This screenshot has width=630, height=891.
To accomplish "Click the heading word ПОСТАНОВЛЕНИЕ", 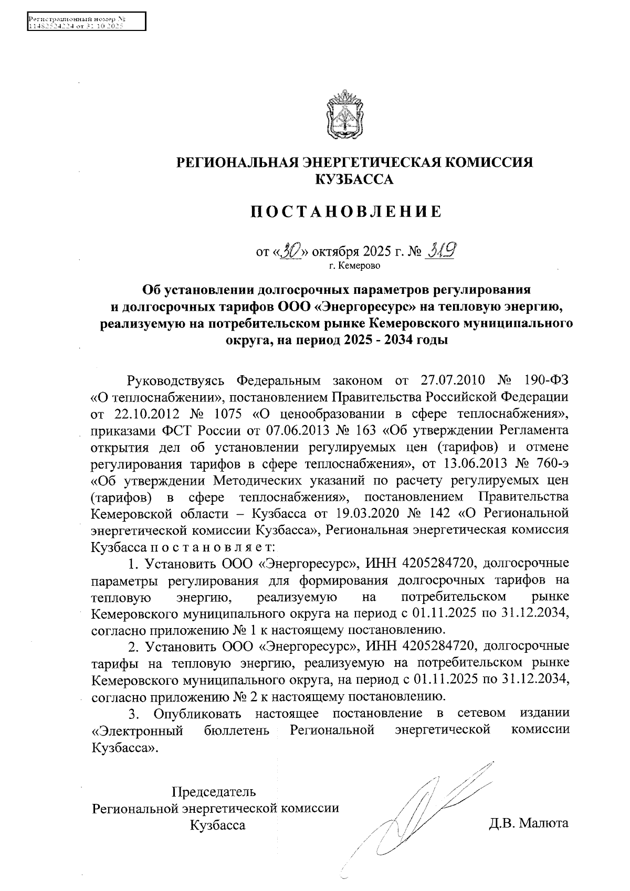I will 345,212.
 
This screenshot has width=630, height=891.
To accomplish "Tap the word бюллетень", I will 237,730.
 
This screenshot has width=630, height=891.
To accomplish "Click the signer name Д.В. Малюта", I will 529,823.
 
